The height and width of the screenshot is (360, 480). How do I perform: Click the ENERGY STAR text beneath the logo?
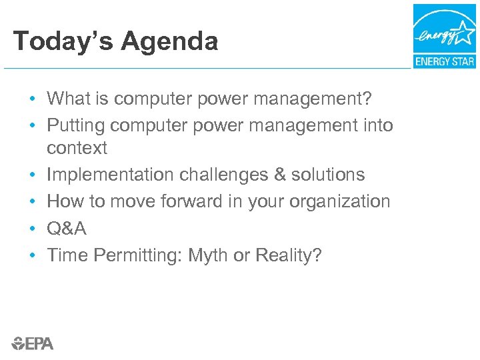[x=444, y=61]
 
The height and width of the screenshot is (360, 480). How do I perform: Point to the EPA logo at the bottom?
[x=32, y=343]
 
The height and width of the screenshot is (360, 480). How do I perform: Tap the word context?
[x=77, y=148]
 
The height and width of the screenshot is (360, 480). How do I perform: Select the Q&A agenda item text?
[x=67, y=228]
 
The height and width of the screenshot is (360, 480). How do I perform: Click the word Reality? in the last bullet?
[x=290, y=255]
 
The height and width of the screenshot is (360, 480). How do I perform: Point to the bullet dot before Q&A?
[x=32, y=229]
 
